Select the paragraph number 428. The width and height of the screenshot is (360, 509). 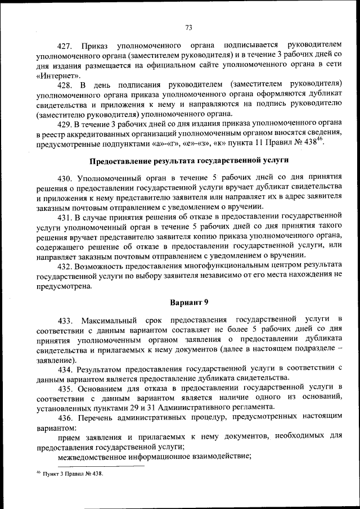point(66,85)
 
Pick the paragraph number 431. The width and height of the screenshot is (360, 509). point(66,218)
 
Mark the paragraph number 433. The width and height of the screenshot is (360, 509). point(66,320)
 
